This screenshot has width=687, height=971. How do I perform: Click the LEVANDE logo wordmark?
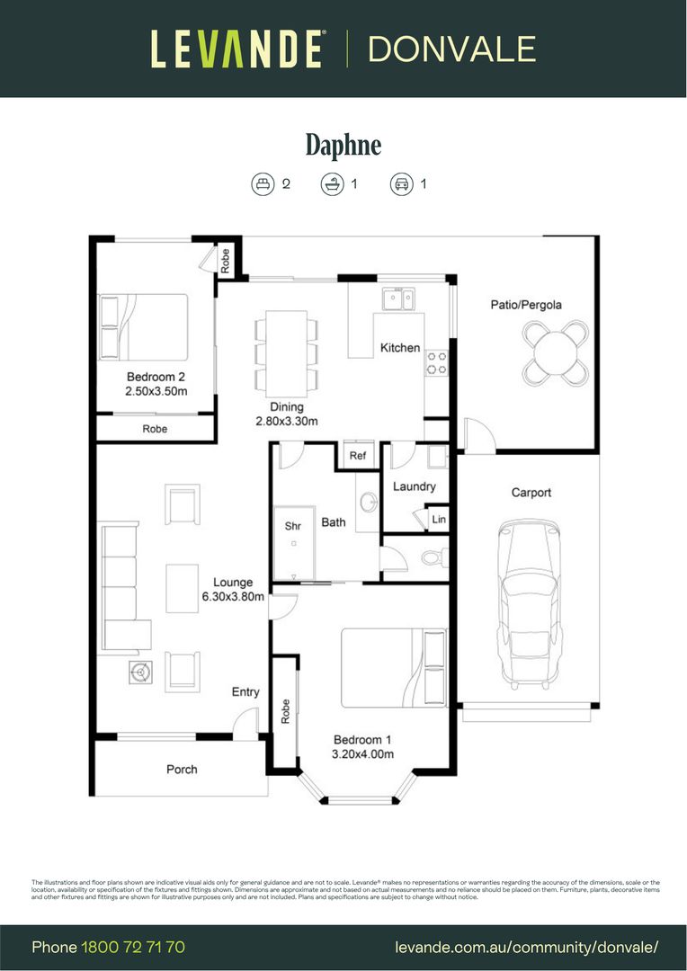236,49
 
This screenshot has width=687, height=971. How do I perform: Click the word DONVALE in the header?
451,49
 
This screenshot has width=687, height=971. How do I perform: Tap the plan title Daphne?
343,145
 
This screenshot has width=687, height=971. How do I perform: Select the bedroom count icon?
262,184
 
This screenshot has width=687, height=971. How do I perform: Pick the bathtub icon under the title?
332,184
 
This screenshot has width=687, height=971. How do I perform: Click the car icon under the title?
401,184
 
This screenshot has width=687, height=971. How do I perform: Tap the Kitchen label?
400,348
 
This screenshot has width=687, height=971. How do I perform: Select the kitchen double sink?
397,298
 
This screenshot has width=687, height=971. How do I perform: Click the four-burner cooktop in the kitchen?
437,362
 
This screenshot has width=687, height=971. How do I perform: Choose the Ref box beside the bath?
358,456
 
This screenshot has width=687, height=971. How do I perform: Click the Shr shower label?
293,526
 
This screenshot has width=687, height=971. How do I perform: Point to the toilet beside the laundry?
432,558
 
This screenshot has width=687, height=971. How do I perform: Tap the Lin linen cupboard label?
439,520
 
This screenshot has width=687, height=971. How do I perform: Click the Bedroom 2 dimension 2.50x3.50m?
156,391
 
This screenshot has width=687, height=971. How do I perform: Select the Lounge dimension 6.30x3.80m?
233,596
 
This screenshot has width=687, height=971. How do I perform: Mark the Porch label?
182,770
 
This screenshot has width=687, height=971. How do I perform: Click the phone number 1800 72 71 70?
133,947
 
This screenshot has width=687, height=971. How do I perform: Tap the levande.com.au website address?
527,947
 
